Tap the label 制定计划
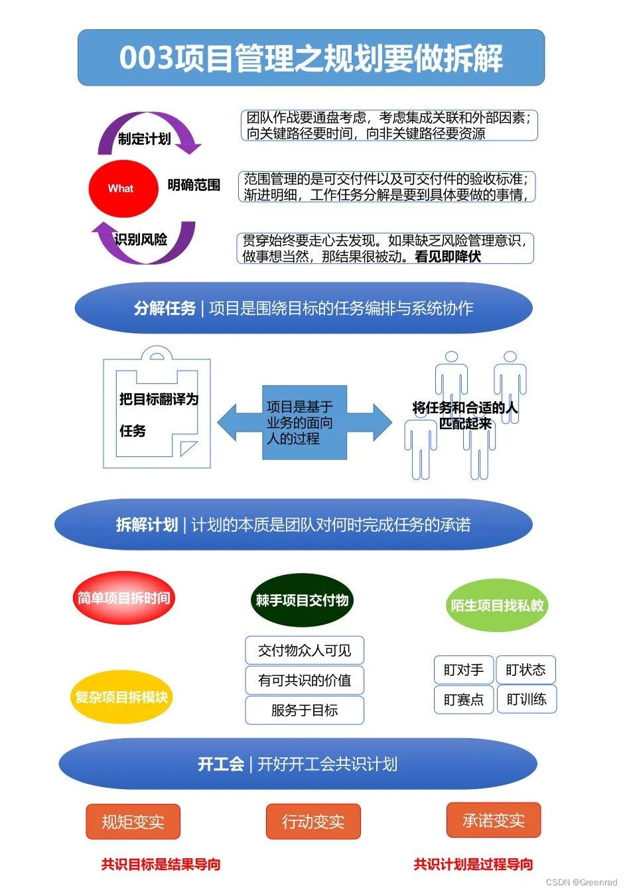coord(145,139)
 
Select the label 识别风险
coord(141,239)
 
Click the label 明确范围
coord(194,185)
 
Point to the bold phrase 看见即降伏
coord(448,257)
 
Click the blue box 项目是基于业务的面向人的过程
coord(304,422)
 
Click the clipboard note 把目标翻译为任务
coord(157,414)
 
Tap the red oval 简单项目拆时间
coord(123,598)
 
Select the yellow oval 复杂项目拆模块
coord(121,697)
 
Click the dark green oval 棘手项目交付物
coord(302,600)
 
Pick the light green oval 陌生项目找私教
coord(497,605)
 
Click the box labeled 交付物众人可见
coord(305,651)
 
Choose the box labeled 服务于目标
coord(305,710)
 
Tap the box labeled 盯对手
coord(463,670)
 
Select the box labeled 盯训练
coord(526,700)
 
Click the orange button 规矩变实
coord(133,822)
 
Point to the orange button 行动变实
coord(313,822)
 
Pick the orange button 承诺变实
coord(493,820)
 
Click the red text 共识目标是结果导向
coord(161,864)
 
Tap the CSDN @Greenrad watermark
coord(581,883)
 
